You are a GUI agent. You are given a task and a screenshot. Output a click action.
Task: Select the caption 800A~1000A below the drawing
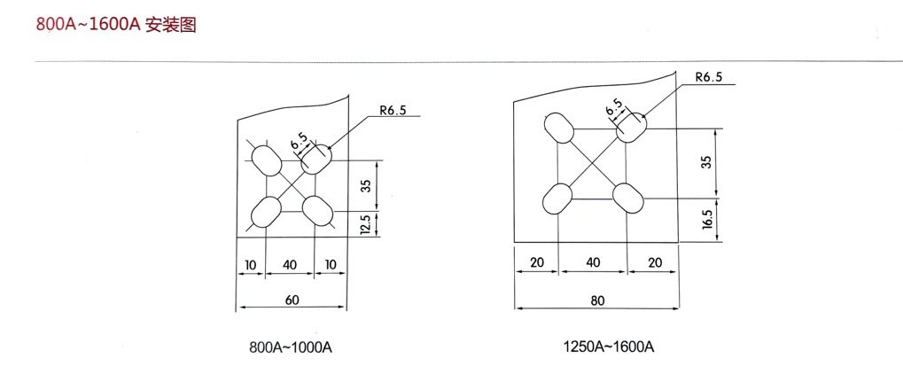click(292, 346)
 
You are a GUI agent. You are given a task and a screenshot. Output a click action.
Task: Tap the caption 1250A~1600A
click(608, 346)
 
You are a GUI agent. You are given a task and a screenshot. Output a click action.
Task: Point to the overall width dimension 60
click(292, 300)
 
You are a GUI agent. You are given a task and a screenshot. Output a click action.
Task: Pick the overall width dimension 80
click(597, 300)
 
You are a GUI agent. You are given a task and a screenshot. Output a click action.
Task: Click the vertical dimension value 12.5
click(365, 225)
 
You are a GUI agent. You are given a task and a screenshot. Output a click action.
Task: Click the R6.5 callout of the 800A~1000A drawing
click(391, 111)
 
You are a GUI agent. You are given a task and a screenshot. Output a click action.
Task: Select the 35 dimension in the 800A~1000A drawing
click(365, 186)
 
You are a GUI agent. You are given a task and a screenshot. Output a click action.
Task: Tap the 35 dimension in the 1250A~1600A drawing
click(705, 161)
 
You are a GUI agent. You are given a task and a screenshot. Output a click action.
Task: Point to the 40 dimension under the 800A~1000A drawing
click(292, 265)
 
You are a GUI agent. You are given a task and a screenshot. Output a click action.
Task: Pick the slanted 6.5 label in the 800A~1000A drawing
click(299, 141)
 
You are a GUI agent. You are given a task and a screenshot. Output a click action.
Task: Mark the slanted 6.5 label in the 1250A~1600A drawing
click(613, 108)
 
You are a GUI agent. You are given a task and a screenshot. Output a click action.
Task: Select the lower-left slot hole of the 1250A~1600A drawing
click(558, 198)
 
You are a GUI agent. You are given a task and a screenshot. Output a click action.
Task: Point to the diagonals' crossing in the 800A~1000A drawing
click(292, 186)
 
